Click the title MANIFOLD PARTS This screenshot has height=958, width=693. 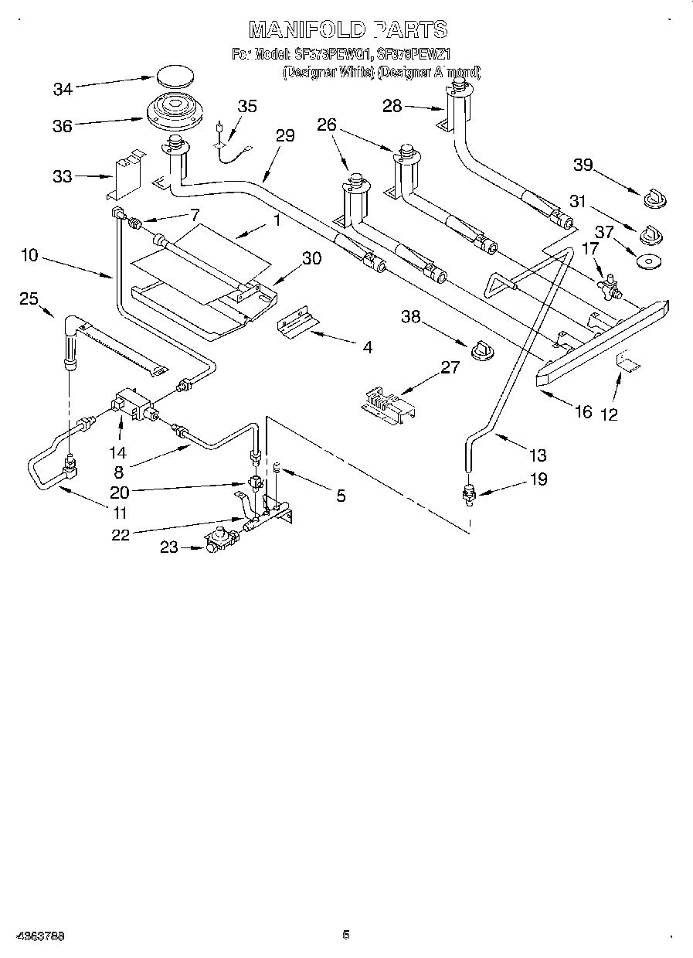pyautogui.click(x=348, y=29)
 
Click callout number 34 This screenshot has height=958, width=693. pyautogui.click(x=63, y=90)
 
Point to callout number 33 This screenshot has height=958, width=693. pyautogui.click(x=62, y=176)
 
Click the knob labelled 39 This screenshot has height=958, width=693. pyautogui.click(x=655, y=199)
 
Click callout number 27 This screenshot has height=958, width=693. pyautogui.click(x=450, y=368)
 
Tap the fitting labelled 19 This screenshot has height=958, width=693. pyautogui.click(x=468, y=493)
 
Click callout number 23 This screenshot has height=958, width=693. pyautogui.click(x=169, y=547)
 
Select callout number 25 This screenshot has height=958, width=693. pyautogui.click(x=29, y=298)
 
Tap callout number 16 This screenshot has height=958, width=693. pyautogui.click(x=584, y=411)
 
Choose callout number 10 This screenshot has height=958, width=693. pyautogui.click(x=29, y=255)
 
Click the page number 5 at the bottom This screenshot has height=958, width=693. pyautogui.click(x=346, y=935)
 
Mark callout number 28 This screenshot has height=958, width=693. pyautogui.click(x=393, y=106)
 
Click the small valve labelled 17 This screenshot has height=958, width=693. pyautogui.click(x=606, y=282)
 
